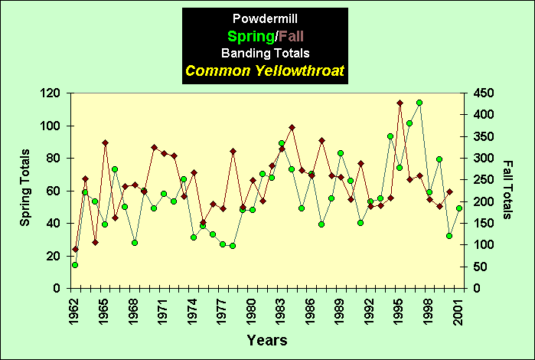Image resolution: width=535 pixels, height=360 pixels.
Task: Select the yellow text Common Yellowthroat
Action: [x=264, y=72]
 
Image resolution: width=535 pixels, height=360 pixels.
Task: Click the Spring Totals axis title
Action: [x=25, y=190]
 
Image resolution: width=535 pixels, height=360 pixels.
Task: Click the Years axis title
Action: [x=267, y=339]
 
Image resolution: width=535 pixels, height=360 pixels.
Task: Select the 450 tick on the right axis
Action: [x=483, y=93]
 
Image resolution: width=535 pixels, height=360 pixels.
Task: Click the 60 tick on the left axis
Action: [x=55, y=191]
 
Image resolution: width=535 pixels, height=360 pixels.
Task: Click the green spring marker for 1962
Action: [x=75, y=265]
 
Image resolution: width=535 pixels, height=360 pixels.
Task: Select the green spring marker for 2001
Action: [x=459, y=208]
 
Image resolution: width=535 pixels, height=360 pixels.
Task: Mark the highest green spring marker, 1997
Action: [x=419, y=103]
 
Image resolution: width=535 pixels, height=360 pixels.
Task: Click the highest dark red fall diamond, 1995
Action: [x=400, y=103]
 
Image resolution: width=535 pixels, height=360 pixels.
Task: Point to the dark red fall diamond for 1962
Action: [x=75, y=249]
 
